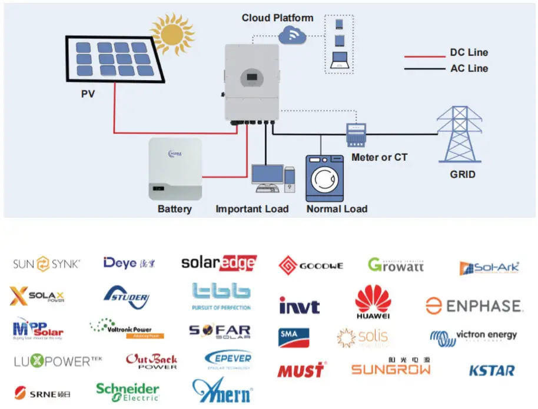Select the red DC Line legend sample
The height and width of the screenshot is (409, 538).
click(424, 56)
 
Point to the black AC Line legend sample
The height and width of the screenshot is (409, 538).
click(424, 69)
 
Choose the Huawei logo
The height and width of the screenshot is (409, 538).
click(373, 302)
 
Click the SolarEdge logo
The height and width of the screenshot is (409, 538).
click(218, 263)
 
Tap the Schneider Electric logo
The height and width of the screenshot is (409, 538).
click(128, 391)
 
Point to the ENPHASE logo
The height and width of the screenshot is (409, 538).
click(474, 306)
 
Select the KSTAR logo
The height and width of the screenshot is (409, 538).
click(491, 371)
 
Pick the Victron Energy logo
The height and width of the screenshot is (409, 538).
click(473, 337)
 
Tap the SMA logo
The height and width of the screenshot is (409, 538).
click(294, 337)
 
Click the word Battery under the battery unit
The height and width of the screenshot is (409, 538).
click(174, 209)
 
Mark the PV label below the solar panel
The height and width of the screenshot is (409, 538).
click(88, 94)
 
